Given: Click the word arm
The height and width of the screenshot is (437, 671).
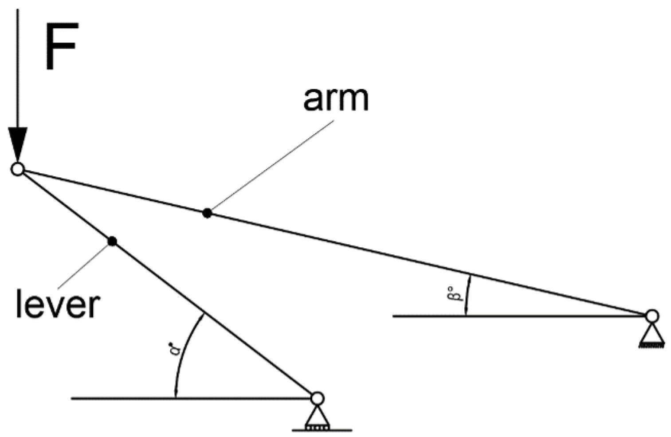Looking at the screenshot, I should click(336, 99).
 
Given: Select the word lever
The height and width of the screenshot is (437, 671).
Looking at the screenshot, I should click(57, 304).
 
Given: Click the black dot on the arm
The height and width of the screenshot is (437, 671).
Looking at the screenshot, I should click(207, 213).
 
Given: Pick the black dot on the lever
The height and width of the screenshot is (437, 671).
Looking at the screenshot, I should click(112, 241).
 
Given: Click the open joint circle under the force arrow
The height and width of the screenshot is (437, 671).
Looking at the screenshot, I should click(18, 169).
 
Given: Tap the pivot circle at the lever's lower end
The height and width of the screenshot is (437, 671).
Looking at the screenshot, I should click(317, 398).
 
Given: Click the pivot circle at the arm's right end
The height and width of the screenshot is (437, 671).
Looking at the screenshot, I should click(651, 316).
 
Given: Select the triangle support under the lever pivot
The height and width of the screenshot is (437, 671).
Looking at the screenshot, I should click(317, 417).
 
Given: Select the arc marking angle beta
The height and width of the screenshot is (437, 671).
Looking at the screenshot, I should click(468, 295).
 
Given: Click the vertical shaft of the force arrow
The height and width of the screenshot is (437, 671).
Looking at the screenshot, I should click(18, 66).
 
